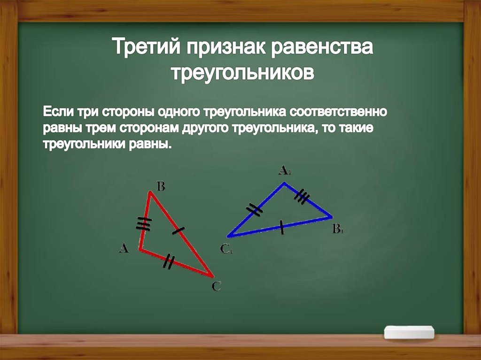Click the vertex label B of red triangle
[160, 187]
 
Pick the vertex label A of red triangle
[123, 248]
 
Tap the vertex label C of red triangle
[216, 286]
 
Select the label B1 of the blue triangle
[338, 230]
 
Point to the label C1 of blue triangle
[226, 249]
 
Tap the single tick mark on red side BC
[178, 230]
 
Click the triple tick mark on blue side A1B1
[302, 197]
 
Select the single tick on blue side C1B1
[281, 228]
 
